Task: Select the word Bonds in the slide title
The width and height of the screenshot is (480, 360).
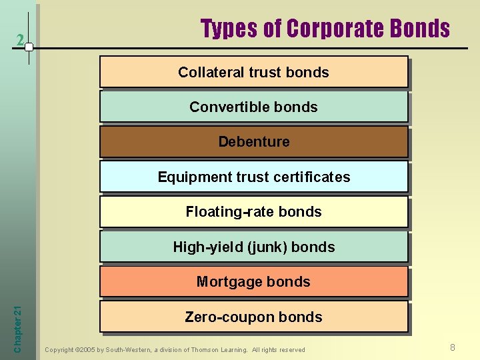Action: pyautogui.click(x=420, y=29)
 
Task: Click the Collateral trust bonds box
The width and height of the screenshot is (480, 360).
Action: pyautogui.click(x=253, y=72)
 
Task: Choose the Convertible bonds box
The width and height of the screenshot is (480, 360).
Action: pyautogui.click(x=253, y=107)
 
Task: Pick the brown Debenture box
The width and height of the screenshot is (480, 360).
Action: pyautogui.click(x=253, y=142)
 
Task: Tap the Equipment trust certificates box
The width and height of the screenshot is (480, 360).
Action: pyautogui.click(x=253, y=177)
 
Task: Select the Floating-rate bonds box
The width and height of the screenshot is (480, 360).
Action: pyautogui.click(x=253, y=212)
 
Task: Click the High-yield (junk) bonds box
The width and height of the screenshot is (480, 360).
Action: pyautogui.click(x=253, y=247)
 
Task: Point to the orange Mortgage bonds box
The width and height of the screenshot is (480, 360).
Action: pyautogui.click(x=253, y=281)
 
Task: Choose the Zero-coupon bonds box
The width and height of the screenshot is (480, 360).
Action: pyautogui.click(x=253, y=317)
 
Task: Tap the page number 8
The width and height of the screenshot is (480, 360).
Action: pyautogui.click(x=453, y=347)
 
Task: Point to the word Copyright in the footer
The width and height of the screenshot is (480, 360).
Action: pyautogui.click(x=60, y=350)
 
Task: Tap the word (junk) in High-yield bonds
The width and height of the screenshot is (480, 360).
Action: pyautogui.click(x=267, y=247)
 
